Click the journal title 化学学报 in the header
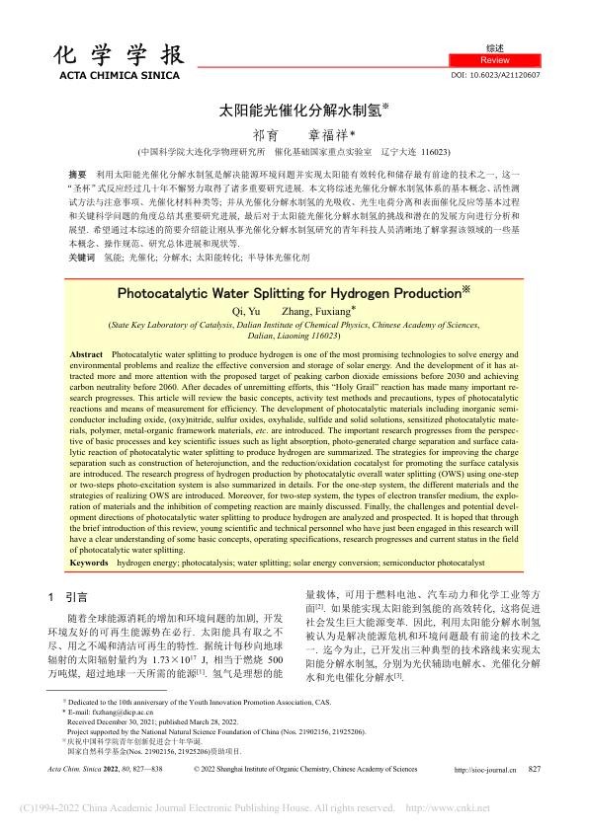tap(99, 57)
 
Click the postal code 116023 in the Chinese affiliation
tap(431, 152)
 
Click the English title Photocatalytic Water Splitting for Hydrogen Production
tap(288, 293)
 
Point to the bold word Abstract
tap(87, 353)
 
